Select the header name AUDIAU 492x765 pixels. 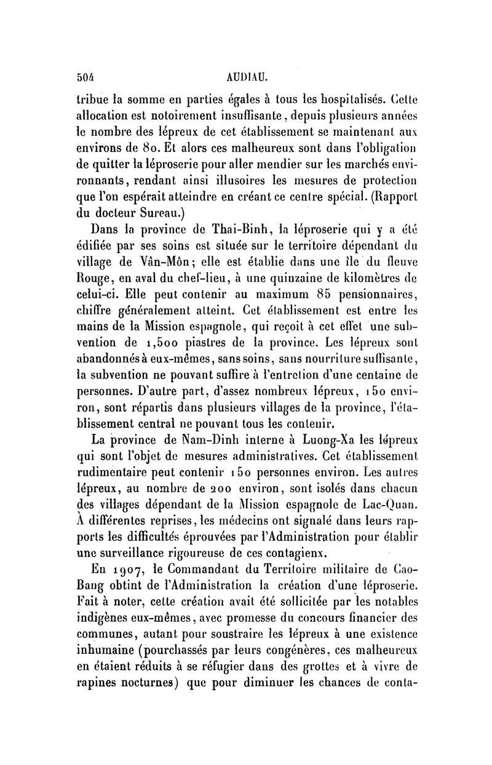pyautogui.click(x=245, y=79)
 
